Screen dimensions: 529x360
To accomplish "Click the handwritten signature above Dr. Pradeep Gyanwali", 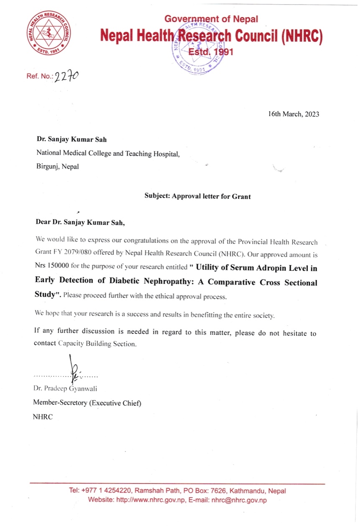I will click(x=74, y=366).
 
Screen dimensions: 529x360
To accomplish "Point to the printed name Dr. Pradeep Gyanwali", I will click(x=65, y=389).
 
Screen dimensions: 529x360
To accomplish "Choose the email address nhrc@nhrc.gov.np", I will click(x=239, y=500).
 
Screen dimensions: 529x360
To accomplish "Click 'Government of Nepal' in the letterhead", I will click(x=211, y=19).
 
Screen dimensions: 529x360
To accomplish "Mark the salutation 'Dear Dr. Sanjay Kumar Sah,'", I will click(x=80, y=222).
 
